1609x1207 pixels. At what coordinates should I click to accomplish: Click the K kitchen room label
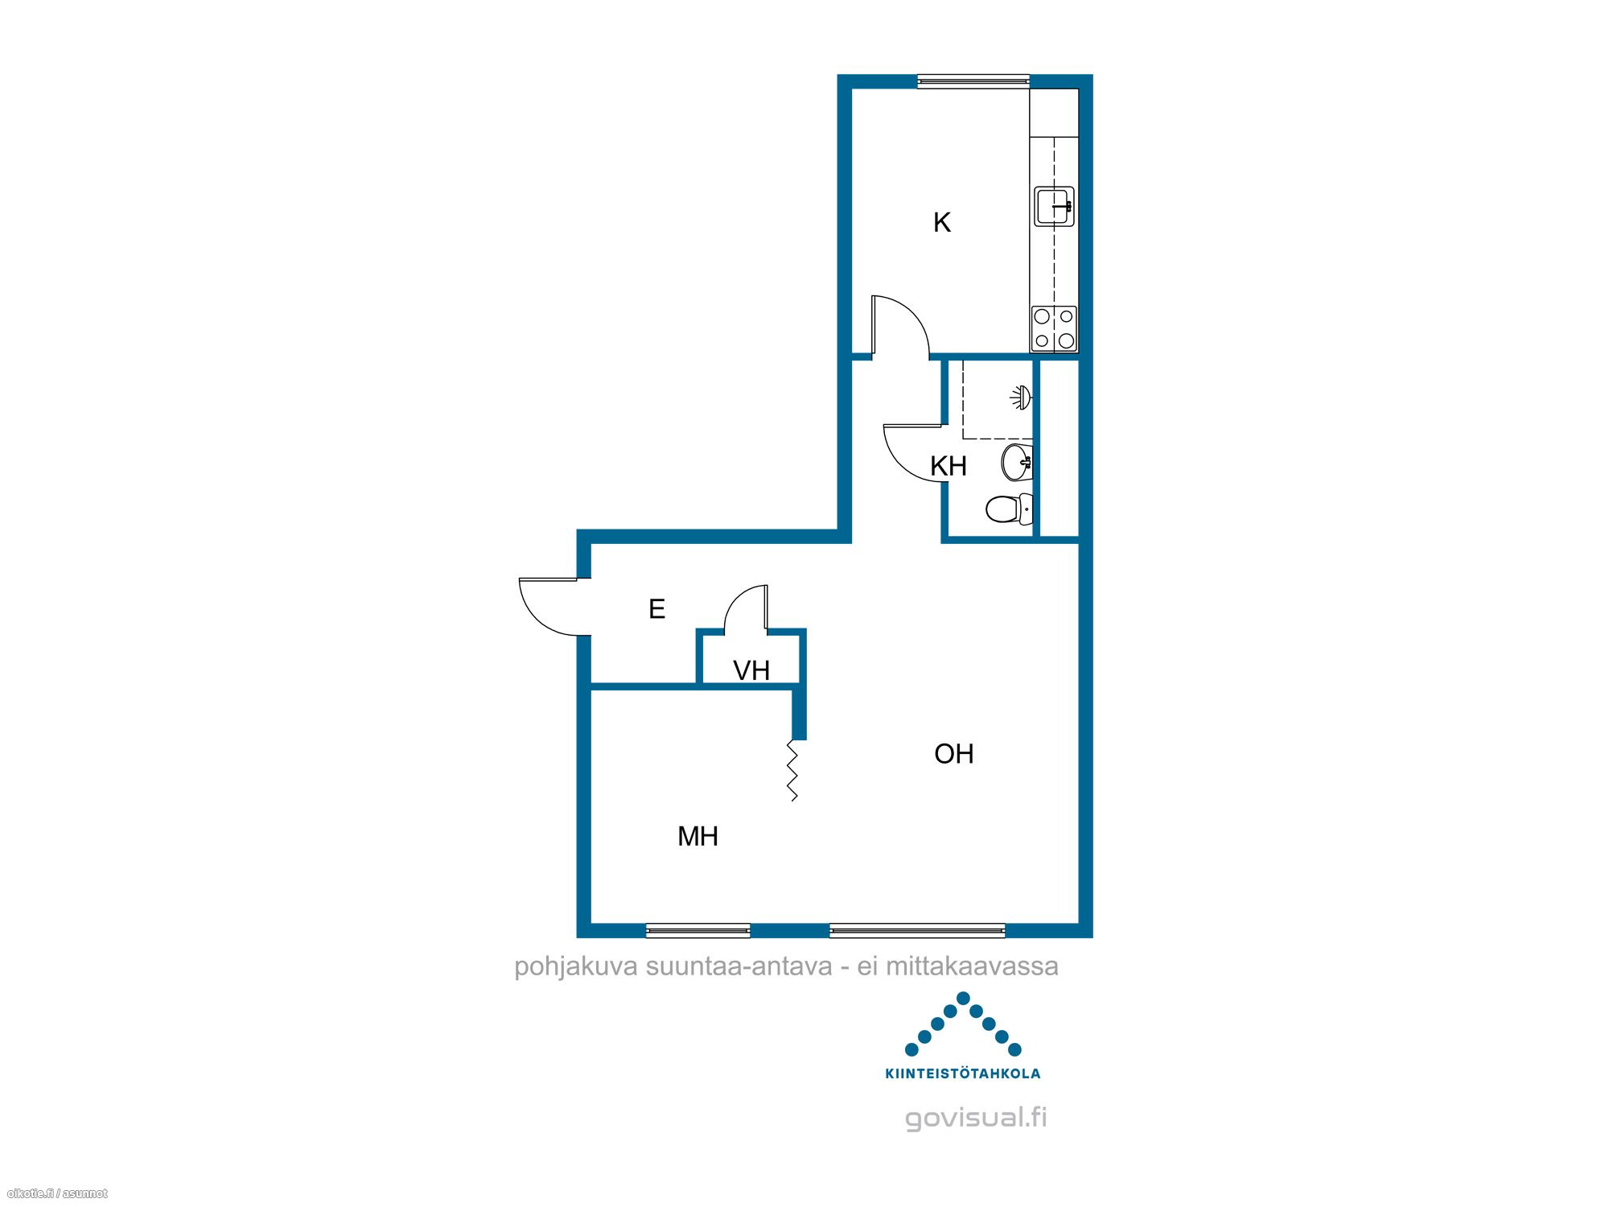click(x=942, y=222)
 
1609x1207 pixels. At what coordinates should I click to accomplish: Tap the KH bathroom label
click(x=949, y=466)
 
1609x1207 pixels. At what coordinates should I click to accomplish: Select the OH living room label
click(x=954, y=754)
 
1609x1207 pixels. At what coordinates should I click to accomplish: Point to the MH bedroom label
click(x=698, y=837)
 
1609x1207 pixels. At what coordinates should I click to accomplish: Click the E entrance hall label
click(x=656, y=609)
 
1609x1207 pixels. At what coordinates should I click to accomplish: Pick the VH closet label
click(x=751, y=670)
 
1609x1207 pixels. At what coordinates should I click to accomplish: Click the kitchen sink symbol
click(x=1055, y=206)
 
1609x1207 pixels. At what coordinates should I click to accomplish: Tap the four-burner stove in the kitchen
click(x=1055, y=329)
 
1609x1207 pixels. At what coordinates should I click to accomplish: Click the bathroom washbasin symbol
click(x=1018, y=462)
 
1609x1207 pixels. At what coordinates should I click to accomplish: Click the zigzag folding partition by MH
click(x=792, y=771)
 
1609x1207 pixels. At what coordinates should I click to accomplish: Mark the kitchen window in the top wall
click(x=973, y=80)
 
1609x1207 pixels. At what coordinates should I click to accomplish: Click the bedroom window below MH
click(x=698, y=931)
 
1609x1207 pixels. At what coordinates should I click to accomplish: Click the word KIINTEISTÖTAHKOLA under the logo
click(x=962, y=1073)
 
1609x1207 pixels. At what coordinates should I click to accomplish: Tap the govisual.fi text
click(x=976, y=1118)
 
